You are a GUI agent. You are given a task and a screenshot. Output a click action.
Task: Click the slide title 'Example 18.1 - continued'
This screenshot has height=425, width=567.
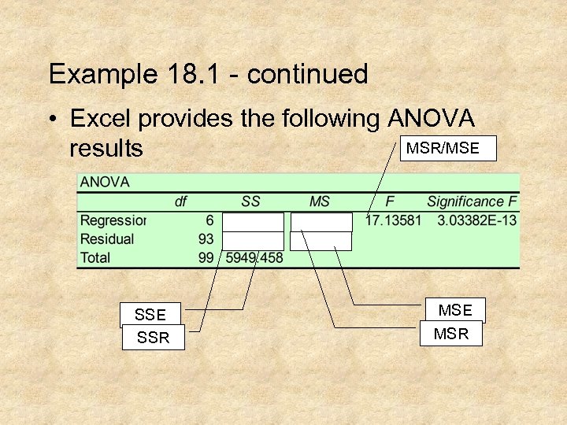208,75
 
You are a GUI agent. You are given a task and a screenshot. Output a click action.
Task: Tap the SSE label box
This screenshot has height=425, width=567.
150,315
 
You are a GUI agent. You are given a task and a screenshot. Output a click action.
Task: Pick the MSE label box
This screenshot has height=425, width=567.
455,310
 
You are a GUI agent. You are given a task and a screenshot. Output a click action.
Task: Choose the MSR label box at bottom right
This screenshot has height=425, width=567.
451,334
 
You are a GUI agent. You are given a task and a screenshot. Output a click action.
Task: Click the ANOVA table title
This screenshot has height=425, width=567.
105,182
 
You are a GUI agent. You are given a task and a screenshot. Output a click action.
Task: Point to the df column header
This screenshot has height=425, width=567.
180,201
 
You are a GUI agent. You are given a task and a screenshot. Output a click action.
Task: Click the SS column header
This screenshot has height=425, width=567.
250,201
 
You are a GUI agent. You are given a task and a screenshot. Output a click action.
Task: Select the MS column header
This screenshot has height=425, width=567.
319,201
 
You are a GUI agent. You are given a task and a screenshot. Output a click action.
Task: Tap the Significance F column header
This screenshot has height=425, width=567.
472,201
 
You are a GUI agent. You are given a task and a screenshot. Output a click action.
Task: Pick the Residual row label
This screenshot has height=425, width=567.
107,238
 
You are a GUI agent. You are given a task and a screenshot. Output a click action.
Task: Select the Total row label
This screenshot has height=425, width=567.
95,257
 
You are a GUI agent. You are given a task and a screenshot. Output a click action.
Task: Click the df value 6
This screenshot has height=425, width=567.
209,220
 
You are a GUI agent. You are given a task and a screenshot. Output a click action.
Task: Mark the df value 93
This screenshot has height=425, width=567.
206,238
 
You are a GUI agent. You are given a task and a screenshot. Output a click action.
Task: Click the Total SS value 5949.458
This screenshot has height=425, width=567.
254,257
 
